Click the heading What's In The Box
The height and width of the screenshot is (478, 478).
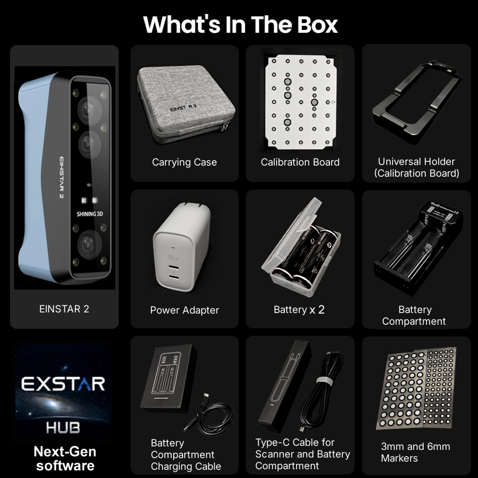pyautogui.click(x=240, y=25)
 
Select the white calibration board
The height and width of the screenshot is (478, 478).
pyautogui.click(x=300, y=102)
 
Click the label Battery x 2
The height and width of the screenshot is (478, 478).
pyautogui.click(x=299, y=310)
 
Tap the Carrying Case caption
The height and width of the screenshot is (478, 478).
pyautogui.click(x=184, y=162)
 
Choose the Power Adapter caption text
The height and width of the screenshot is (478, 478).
pyautogui.click(x=184, y=310)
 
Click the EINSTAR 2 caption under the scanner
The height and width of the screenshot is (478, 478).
pyautogui.click(x=64, y=309)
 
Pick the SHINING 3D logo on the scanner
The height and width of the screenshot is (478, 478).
pyautogui.click(x=90, y=214)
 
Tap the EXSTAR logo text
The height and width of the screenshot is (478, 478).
pyautogui.click(x=63, y=384)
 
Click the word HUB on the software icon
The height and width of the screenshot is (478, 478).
pyautogui.click(x=63, y=428)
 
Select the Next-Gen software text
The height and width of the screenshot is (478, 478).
pyautogui.click(x=65, y=459)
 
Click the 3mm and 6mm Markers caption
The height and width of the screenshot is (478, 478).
pyautogui.click(x=415, y=452)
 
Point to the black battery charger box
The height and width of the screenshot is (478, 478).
pyautogui.click(x=168, y=378)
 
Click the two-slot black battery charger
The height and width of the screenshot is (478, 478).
pyautogui.click(x=418, y=247)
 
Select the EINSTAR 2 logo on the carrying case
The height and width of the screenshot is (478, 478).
pyautogui.click(x=184, y=108)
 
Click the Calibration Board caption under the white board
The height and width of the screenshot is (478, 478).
pyautogui.click(x=300, y=162)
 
